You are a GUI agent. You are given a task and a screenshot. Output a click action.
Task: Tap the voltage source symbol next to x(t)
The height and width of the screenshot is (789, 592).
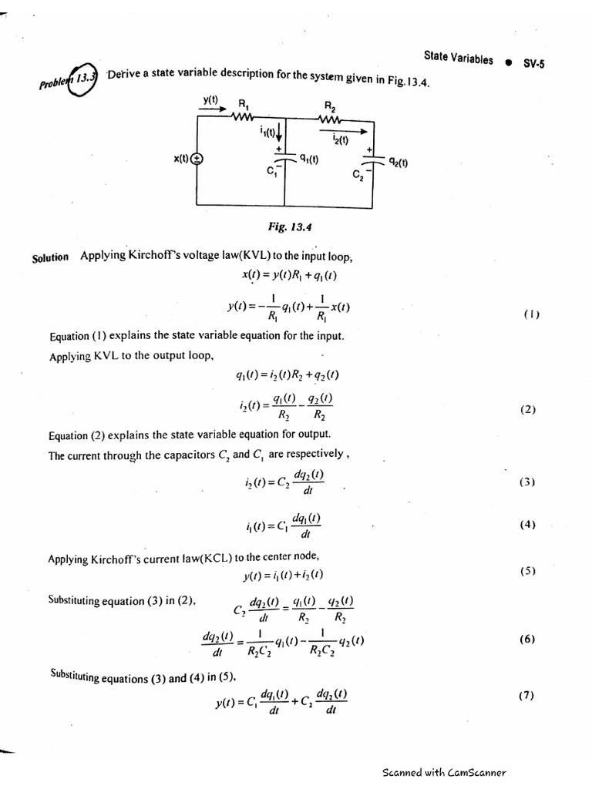pos(197,159)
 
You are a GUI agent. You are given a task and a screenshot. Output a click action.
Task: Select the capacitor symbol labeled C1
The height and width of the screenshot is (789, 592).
pos(284,160)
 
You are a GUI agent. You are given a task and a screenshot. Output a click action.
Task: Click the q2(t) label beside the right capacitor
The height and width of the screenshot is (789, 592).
pos(398,163)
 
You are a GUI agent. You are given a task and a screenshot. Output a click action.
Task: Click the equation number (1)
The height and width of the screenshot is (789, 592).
pos(532,314)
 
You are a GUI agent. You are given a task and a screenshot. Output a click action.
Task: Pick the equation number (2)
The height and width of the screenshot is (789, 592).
pos(528,410)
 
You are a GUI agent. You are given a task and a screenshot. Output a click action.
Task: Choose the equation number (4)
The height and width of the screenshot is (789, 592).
pos(527,525)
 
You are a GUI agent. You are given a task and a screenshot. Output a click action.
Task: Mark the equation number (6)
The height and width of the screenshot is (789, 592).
pos(527,639)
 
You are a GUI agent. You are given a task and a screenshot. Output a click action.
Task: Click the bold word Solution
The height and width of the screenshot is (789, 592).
pos(51,257)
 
